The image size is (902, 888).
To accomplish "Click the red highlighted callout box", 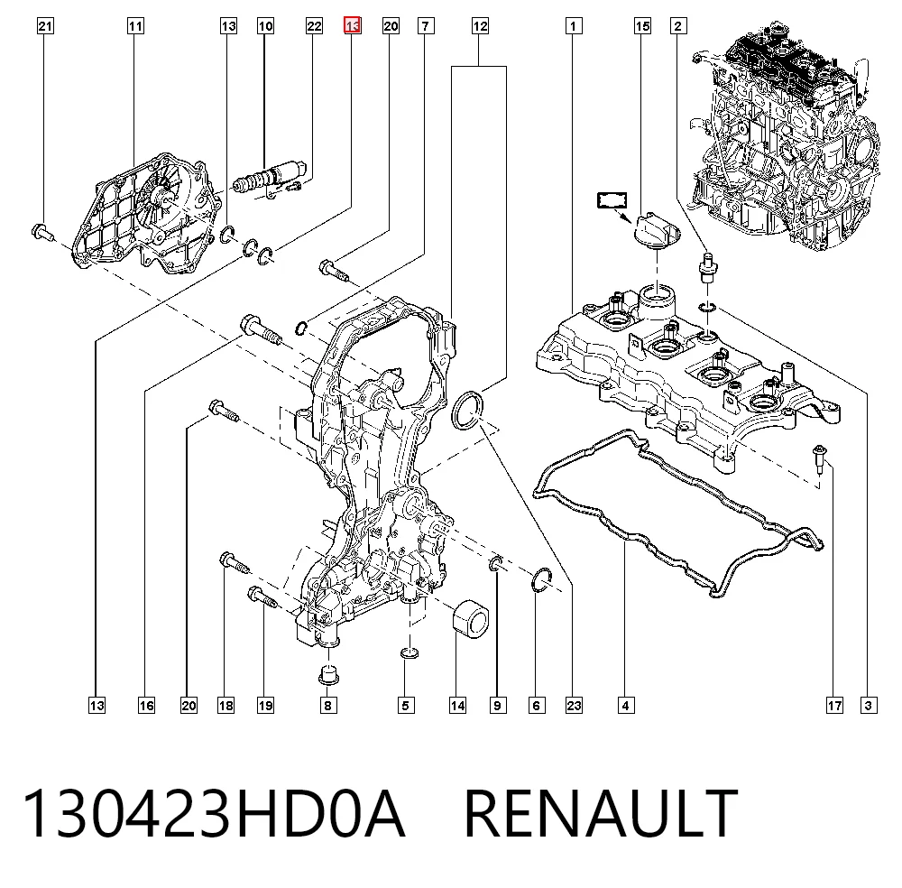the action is pos(352,25).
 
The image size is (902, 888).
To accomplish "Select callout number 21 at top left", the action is pos(45,26).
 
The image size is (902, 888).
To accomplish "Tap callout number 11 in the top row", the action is pos(135,26).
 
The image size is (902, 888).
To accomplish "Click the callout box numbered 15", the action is pos(642,26).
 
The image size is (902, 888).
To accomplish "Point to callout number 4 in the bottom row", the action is pos(626,705).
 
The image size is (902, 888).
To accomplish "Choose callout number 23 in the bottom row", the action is pos(574,705).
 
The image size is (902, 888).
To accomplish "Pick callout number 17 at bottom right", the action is pos(834,705).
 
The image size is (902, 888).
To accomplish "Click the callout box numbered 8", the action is pos(328,705).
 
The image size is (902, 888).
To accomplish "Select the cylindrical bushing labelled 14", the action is pos(471,619).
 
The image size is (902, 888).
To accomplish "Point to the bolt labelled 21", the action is pos(42,233).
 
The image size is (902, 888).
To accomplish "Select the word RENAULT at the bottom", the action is pos(600,813).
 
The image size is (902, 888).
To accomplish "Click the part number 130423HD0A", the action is pos(214,813).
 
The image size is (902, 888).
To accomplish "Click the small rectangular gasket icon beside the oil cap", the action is pos(612,200).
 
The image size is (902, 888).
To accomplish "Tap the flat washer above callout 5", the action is pos(409,653).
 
